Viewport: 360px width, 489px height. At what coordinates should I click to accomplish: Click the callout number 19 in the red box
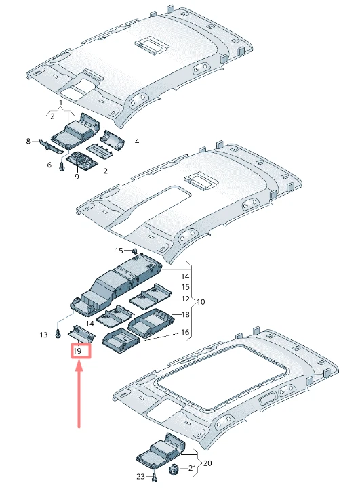coord(77,351)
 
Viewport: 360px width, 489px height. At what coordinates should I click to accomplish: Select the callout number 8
coord(28,142)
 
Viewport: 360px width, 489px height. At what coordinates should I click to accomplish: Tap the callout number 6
coord(49,165)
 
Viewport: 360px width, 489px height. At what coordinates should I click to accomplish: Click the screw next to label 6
coord(62,166)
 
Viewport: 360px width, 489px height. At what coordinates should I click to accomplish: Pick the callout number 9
coord(77,177)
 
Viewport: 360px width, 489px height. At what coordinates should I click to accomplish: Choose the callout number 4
coord(137,142)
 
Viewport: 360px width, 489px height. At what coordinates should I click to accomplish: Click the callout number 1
coord(60,102)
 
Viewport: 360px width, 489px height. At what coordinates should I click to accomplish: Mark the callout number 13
coord(43,335)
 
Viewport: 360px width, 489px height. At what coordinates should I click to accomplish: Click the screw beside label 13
coord(58,334)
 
